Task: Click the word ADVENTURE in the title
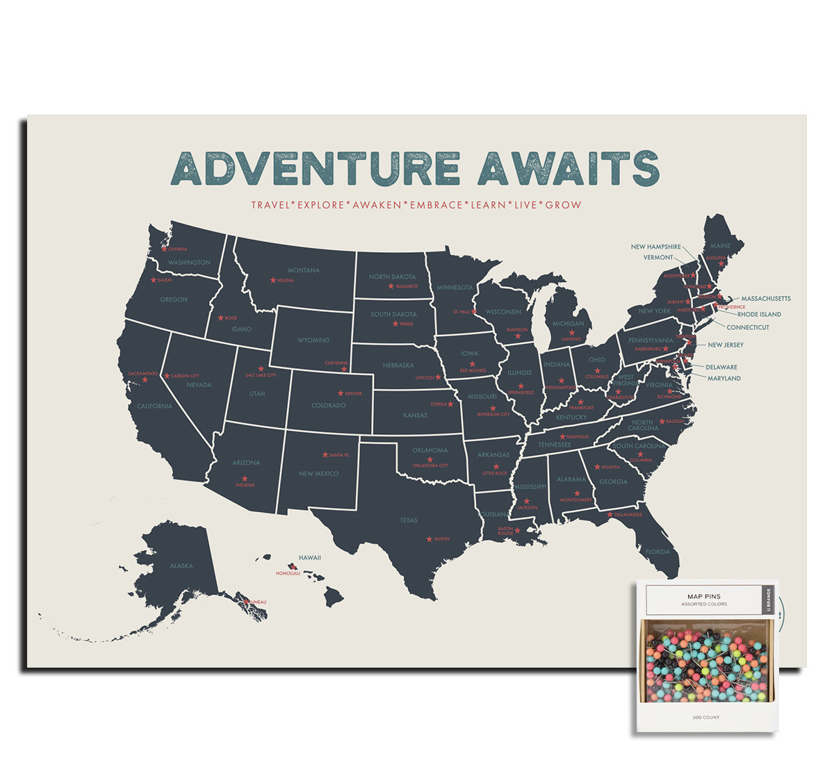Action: [x=316, y=169]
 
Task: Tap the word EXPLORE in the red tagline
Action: [x=320, y=205]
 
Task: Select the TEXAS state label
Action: [x=409, y=520]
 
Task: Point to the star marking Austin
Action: [x=429, y=539]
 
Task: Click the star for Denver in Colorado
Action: [x=341, y=393]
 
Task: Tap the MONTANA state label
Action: [x=304, y=270]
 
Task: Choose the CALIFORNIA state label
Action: [x=154, y=406]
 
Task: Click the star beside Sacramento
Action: [x=145, y=380]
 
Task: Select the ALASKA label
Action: [x=181, y=566]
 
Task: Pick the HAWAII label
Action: [x=310, y=557]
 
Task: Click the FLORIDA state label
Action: [x=657, y=552]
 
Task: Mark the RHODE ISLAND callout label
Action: [x=759, y=314]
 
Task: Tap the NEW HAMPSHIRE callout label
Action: [x=655, y=247]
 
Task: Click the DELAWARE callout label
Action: [x=721, y=367]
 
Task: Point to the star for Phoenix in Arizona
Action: [x=244, y=478]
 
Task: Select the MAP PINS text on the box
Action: [x=703, y=596]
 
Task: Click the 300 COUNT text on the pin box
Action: [x=705, y=717]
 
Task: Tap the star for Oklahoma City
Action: [x=430, y=459]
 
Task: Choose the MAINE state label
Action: [x=720, y=245]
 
